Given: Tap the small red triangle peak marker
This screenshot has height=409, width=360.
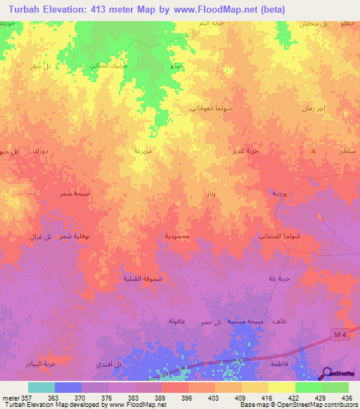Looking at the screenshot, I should (314, 150).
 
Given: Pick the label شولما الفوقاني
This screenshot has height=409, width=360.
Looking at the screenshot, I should (229, 108).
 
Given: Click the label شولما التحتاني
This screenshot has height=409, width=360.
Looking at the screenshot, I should (279, 236).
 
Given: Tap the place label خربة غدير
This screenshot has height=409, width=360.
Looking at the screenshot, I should (247, 150).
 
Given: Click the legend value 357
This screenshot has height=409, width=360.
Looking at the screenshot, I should (19, 398).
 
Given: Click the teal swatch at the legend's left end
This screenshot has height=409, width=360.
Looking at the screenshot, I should (41, 387).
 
